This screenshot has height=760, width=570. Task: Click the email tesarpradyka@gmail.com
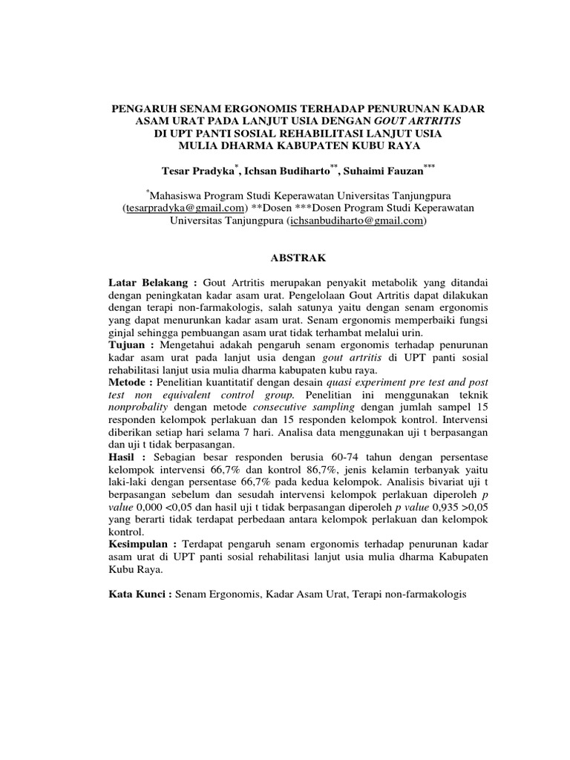coord(184,209)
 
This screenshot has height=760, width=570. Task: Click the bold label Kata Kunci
coord(140,594)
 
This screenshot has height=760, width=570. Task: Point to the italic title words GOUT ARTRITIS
coord(419,120)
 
